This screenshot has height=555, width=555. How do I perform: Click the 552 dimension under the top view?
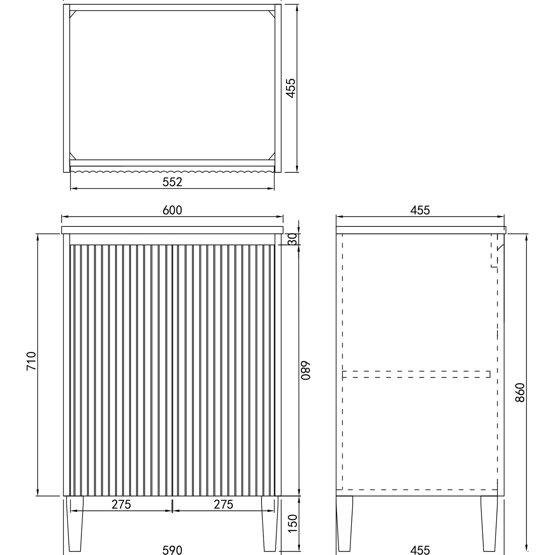[173, 182]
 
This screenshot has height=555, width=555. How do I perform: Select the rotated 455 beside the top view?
[291, 88]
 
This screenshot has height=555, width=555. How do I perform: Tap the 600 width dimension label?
[172, 210]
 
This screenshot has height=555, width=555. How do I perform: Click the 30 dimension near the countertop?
[292, 239]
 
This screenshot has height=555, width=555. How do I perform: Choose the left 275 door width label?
[121, 504]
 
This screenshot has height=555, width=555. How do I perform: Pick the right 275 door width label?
[223, 504]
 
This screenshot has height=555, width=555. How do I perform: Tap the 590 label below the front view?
[172, 550]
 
